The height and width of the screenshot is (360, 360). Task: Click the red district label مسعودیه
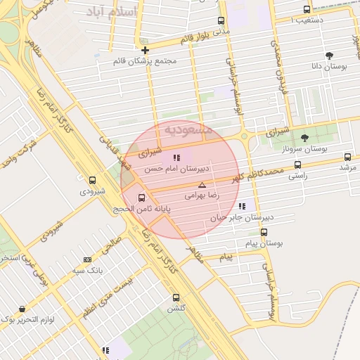[188, 129]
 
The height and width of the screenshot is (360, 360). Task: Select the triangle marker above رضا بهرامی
[202, 185]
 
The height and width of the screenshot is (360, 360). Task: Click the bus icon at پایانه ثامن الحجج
[142, 198]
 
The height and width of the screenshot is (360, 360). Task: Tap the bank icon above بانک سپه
[86, 259]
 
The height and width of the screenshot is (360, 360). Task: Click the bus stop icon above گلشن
[175, 298]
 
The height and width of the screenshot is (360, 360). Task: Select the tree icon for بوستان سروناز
[304, 138]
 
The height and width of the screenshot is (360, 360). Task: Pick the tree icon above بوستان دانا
[329, 55]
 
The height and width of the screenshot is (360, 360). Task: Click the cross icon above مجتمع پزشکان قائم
[145, 50]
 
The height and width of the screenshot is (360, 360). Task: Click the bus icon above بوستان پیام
[264, 232]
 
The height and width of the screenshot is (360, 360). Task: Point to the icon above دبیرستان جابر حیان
[242, 206]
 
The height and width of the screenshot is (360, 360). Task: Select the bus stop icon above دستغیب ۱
[307, 9]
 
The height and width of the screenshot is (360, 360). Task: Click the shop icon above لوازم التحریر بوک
[22, 309]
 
